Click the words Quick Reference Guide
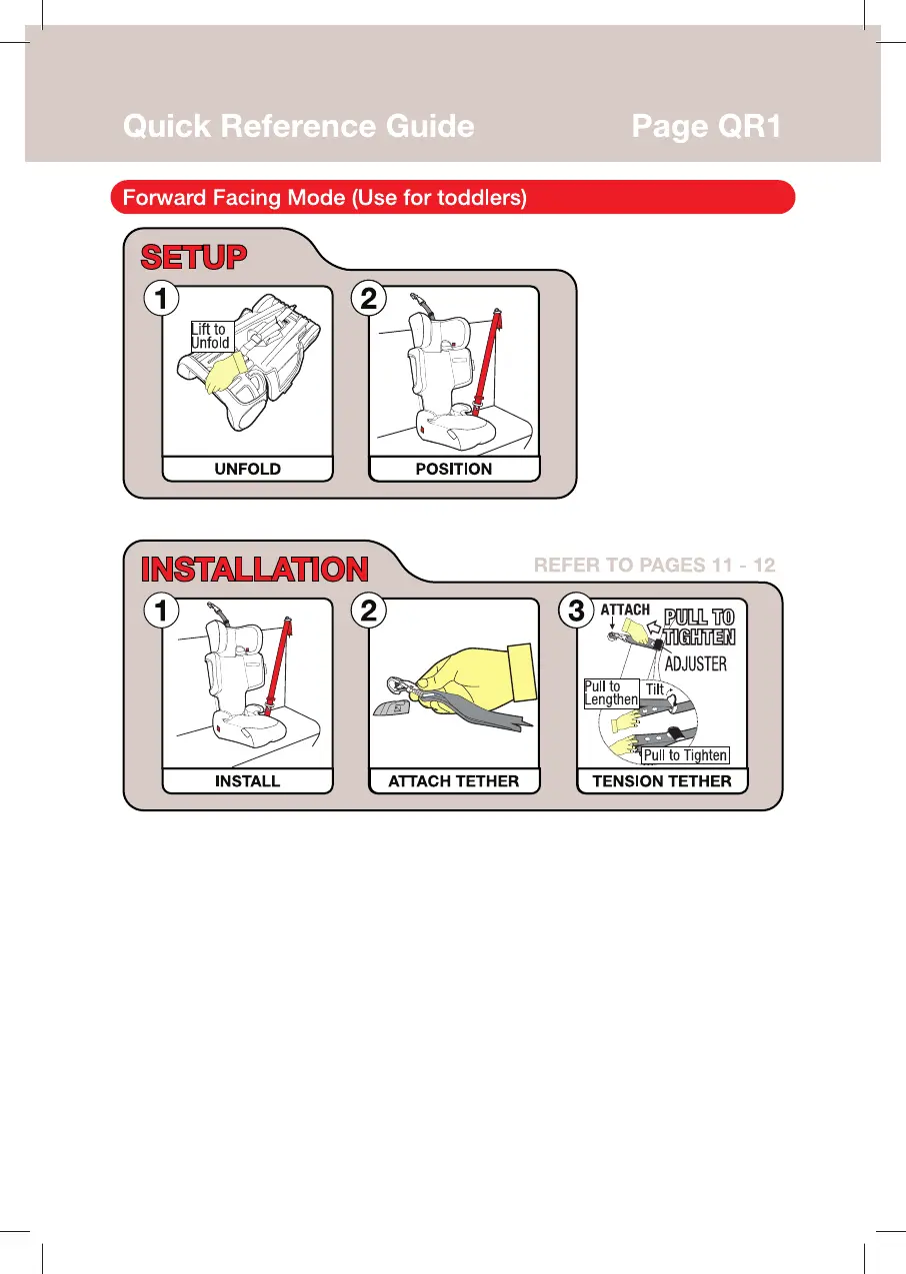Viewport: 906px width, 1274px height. [x=299, y=126]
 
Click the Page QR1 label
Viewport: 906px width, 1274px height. [x=706, y=126]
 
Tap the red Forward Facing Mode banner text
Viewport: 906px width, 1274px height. [x=325, y=198]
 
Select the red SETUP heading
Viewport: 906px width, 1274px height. [x=194, y=257]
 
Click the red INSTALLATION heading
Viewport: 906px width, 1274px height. [x=254, y=569]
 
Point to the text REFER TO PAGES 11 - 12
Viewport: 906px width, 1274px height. [x=654, y=565]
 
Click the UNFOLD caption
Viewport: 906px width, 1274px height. [x=248, y=469]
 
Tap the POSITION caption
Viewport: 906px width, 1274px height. [x=454, y=469]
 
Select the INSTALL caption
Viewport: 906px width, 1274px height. [x=248, y=781]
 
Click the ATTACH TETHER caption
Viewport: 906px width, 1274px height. [x=454, y=781]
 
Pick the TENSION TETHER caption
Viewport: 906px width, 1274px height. [x=662, y=781]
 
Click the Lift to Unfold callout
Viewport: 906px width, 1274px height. [x=212, y=336]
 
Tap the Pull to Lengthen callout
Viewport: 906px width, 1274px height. [x=611, y=693]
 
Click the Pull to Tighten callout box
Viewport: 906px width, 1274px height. [x=685, y=755]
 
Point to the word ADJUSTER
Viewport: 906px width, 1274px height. [x=695, y=663]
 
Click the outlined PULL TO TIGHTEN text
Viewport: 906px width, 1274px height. [x=699, y=627]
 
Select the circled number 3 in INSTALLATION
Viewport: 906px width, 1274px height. [x=576, y=611]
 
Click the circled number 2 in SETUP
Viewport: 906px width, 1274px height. [x=369, y=299]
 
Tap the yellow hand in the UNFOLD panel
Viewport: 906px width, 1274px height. [x=225, y=372]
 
